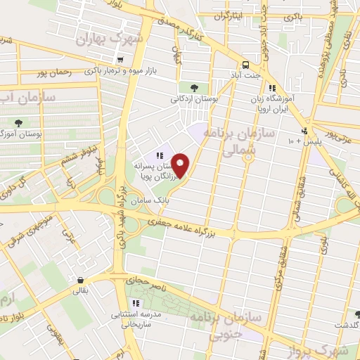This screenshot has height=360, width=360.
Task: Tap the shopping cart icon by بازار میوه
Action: coord(122,60)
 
